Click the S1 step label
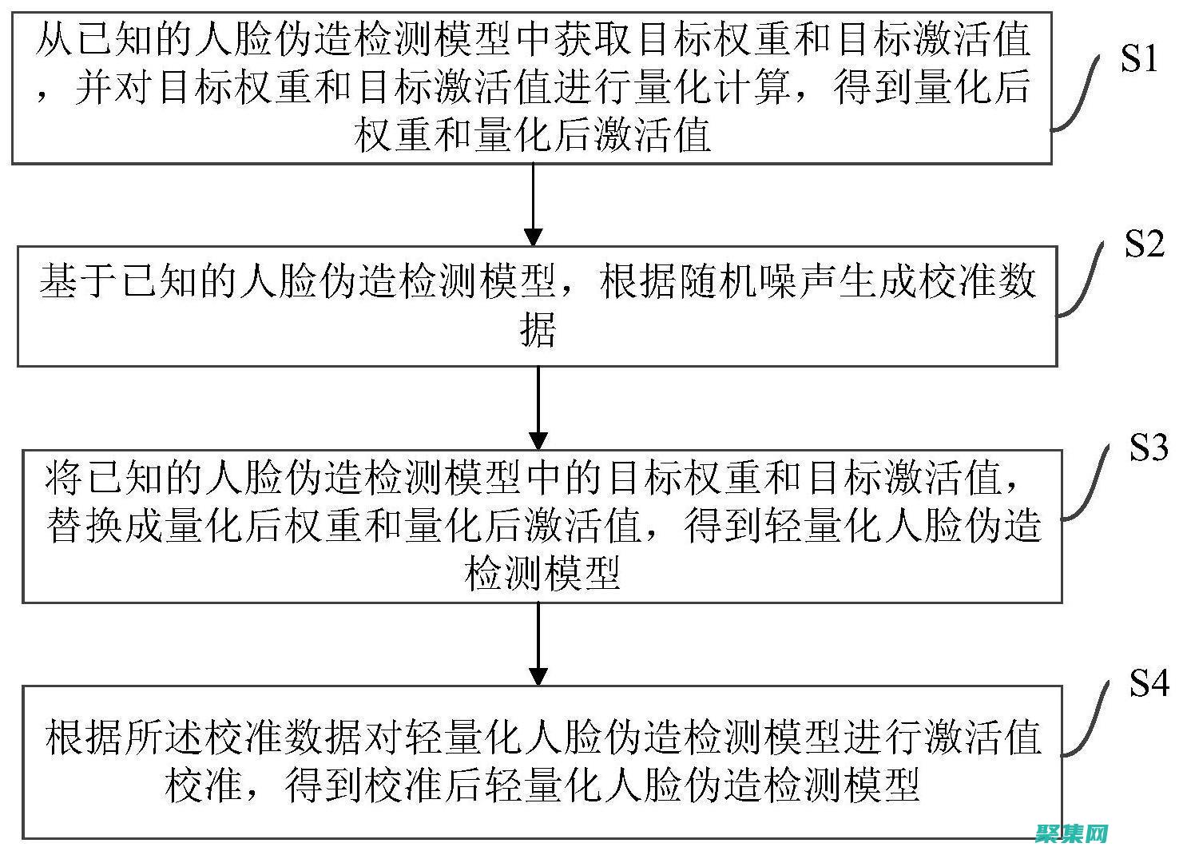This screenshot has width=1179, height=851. coord(1138,58)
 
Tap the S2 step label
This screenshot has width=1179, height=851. coord(1144,244)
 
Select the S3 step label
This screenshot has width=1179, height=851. coord(1148,448)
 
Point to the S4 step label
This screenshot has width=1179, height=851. coord(1149,684)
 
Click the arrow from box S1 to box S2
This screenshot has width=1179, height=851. coord(534,204)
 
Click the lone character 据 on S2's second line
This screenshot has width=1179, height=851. coord(538,328)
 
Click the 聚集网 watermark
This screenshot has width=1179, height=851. coord(1070,833)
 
